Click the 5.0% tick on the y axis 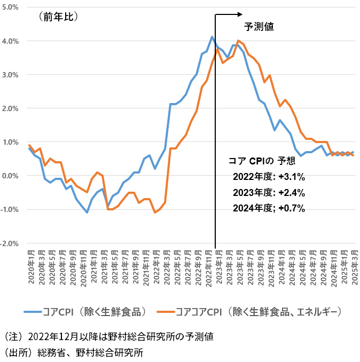(10, 7)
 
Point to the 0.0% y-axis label (10, 176)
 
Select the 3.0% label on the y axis (10, 75)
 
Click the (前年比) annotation (58, 17)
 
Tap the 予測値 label (259, 26)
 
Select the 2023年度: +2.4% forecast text (269, 193)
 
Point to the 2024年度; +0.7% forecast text (269, 208)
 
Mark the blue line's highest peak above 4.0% (212, 37)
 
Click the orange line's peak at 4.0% (238, 41)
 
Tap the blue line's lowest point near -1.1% (87, 213)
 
